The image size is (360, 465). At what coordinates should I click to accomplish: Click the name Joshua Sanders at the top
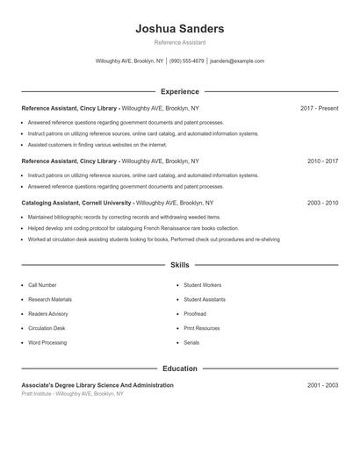tap(180, 29)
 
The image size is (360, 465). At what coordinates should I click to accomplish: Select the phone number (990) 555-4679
tap(187, 61)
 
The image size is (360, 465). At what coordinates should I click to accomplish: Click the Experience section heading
tap(180, 91)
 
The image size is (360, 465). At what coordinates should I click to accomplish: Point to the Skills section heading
tap(180, 264)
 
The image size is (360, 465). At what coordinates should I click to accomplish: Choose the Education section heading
tap(180, 368)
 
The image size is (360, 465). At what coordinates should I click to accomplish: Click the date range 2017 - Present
tap(319, 108)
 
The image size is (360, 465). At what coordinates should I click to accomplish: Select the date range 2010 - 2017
tap(322, 161)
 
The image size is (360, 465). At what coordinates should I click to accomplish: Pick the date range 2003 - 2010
tap(322, 203)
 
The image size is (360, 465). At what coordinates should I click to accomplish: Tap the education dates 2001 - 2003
tap(322, 385)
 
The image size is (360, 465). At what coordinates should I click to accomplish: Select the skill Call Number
tap(42, 285)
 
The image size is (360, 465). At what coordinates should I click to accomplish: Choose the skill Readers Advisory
tap(48, 314)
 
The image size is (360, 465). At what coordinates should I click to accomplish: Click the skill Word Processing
tap(47, 343)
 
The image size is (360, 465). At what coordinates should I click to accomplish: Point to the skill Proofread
tap(195, 314)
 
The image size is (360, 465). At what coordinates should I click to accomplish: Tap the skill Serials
tap(191, 343)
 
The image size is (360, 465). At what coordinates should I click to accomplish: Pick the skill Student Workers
tap(202, 285)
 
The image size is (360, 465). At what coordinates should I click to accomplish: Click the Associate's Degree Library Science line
tap(97, 385)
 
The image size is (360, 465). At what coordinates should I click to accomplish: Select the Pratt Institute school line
tap(73, 394)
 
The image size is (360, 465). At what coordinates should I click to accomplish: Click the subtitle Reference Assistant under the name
tap(180, 42)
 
